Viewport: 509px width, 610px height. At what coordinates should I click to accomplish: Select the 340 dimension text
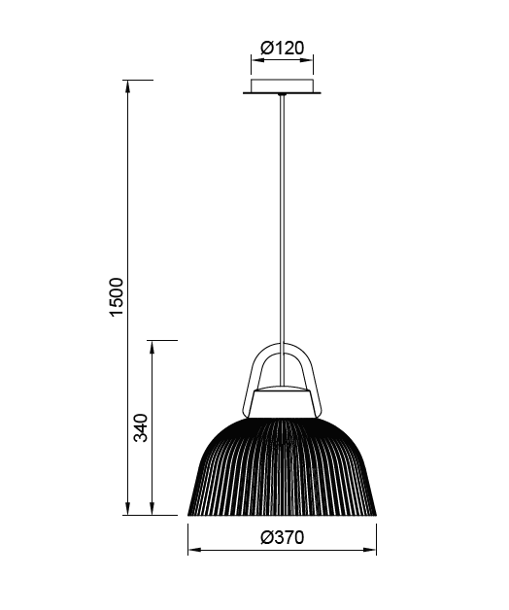140,427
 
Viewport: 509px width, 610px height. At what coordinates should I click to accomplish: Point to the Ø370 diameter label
282,537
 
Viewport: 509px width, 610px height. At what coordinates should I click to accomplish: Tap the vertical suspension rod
283,223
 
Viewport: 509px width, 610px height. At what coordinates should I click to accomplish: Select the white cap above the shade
283,401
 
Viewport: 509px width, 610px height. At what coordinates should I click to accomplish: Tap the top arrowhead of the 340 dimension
153,345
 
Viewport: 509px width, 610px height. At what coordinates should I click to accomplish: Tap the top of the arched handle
283,344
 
